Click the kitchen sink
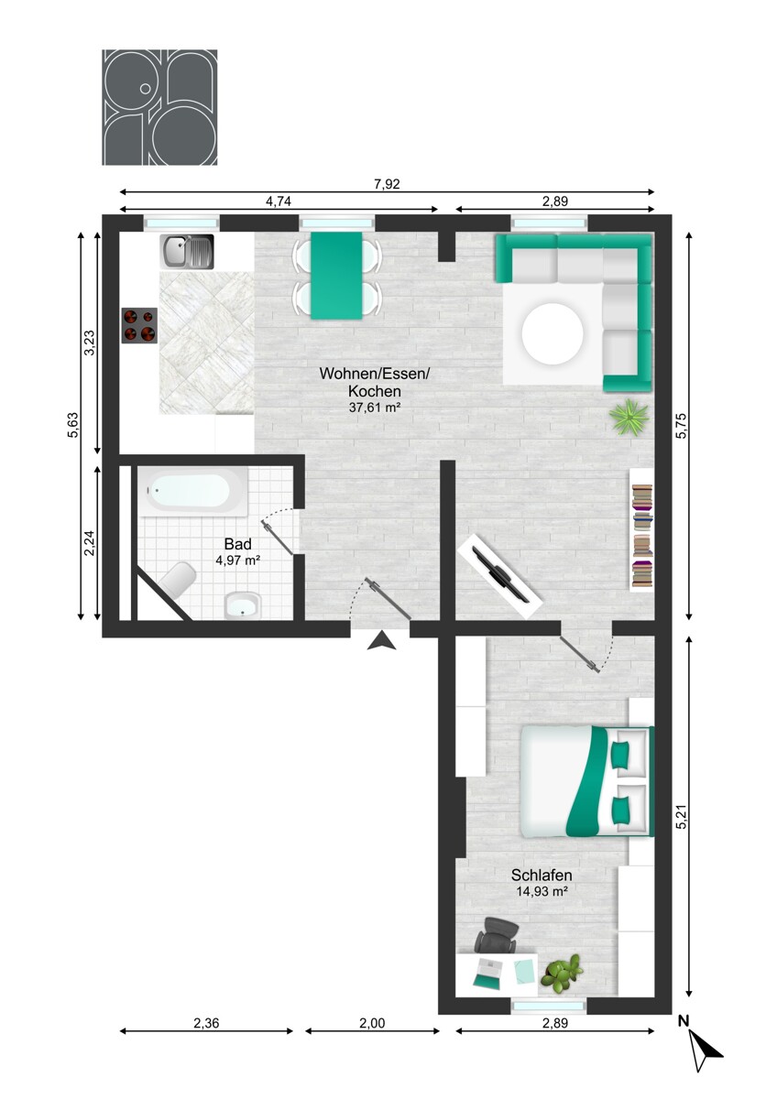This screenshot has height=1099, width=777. click(187, 251)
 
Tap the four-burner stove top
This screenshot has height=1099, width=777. click(139, 325)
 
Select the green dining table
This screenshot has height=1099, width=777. click(336, 276)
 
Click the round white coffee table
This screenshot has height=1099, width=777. click(553, 334)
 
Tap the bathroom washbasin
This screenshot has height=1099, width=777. click(244, 605)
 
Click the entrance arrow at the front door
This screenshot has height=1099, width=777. click(381, 641)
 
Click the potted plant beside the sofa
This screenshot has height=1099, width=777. click(629, 418)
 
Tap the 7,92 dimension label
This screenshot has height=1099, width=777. click(387, 184)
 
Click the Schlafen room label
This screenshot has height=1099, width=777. click(542, 876)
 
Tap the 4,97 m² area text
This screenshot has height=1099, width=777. click(237, 560)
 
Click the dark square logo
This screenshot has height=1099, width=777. click(159, 107)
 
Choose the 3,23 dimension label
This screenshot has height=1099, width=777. click(89, 343)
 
